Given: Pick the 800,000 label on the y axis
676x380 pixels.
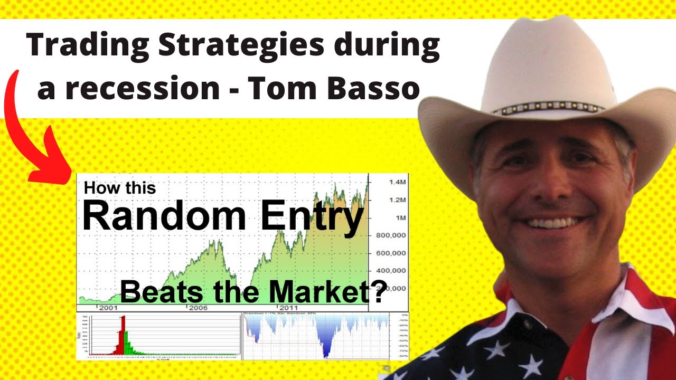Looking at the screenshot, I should click(391, 235).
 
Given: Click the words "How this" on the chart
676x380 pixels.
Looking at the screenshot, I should click(120, 187).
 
